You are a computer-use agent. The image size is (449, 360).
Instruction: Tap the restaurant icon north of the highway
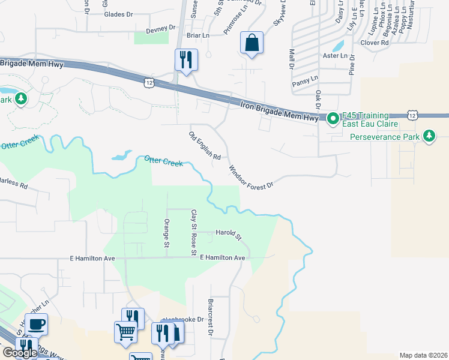tap(186, 60)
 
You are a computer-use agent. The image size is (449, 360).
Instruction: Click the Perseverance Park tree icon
tap(429, 136)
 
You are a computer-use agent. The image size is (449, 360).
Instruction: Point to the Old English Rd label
tap(205, 146)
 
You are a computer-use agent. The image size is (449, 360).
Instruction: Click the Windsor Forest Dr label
tap(250, 176)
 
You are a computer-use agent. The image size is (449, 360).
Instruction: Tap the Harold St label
tap(228, 233)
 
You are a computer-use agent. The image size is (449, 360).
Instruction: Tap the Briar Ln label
tap(197, 36)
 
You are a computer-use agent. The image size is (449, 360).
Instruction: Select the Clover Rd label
tap(375, 43)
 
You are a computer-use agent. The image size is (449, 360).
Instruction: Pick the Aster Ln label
tap(336, 56)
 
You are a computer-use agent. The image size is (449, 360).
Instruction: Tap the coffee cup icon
tap(36, 324)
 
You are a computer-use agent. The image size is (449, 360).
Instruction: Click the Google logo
tap(20, 353)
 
